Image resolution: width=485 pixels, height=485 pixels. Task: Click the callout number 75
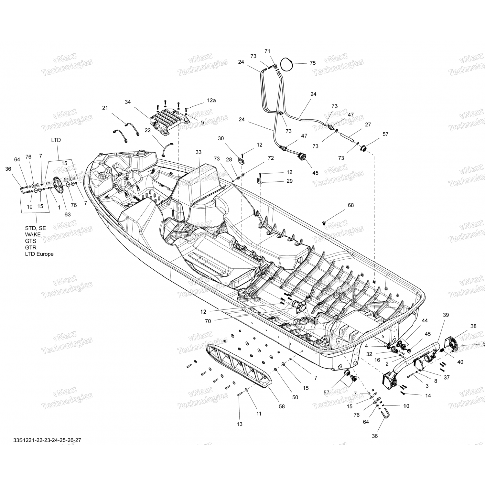[312, 63]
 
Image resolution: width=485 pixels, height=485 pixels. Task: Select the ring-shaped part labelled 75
[286, 64]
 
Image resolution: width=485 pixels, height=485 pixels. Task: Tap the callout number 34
[128, 102]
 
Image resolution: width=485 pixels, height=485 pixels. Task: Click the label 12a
[211, 101]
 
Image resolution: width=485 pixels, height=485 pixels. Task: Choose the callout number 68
[351, 205]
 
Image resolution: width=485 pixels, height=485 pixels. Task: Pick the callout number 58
[282, 406]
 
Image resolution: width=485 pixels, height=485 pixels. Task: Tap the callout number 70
[208, 321]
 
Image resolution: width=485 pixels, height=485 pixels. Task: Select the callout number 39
[446, 315]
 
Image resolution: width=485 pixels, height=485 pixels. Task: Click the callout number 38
[473, 326]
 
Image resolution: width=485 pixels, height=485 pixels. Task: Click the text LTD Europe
[39, 254]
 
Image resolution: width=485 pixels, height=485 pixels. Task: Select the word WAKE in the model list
[33, 234]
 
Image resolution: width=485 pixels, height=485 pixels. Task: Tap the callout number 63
[68, 214]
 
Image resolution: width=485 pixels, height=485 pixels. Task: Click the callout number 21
[105, 108]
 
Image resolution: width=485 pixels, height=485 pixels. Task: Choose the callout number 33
[198, 152]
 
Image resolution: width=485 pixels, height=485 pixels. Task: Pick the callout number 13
[239, 424]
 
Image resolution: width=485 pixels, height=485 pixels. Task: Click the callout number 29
[289, 181]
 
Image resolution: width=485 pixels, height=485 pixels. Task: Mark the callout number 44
[425, 320]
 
